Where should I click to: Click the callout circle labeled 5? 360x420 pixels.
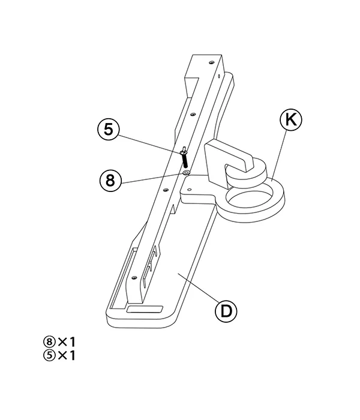coord(108,130)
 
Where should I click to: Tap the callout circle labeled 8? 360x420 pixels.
coord(110,180)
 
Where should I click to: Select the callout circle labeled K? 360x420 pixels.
coord(291,120)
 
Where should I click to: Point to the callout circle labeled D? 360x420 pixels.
coord(226,311)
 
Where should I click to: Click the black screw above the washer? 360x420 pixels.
coord(184,157)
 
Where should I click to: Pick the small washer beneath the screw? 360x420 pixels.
coord(186,173)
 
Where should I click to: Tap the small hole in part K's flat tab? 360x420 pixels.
coord(189,190)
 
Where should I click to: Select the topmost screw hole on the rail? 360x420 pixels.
coord(211,62)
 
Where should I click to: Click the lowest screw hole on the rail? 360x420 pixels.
coord(134,277)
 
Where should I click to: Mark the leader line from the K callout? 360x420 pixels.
coord(278,155)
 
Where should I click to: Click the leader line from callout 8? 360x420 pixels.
coord(152,178)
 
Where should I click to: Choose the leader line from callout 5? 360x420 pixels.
coord(149,145)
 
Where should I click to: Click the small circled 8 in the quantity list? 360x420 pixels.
coord(49,342)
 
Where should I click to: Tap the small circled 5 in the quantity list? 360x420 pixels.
coord(49,355)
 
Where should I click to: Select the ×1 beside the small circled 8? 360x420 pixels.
coord(67,342)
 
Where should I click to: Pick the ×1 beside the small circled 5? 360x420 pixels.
coord(67,355)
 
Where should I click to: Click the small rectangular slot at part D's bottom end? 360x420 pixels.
coord(145,309)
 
